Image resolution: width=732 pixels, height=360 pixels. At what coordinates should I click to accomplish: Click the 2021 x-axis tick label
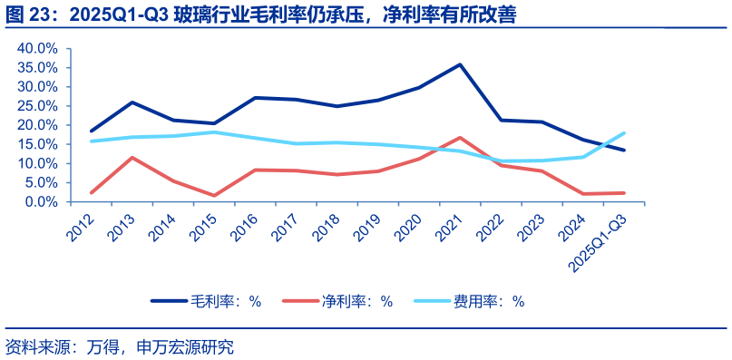coord(451,225)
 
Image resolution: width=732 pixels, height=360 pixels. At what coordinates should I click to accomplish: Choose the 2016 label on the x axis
coord(246,225)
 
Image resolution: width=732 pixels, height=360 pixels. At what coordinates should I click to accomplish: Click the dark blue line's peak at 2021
coord(460,64)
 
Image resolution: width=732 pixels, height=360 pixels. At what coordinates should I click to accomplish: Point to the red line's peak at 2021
coord(460,138)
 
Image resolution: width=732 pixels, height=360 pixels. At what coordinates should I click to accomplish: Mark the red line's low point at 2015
coord(214,196)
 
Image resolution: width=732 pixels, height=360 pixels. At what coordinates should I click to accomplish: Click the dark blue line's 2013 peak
coord(132,102)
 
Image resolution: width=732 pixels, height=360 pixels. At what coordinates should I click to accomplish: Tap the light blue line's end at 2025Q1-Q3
coord(624,133)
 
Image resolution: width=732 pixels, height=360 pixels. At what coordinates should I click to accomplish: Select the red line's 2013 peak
coord(132,158)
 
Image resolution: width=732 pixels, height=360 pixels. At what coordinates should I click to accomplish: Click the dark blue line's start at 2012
coord(92,131)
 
